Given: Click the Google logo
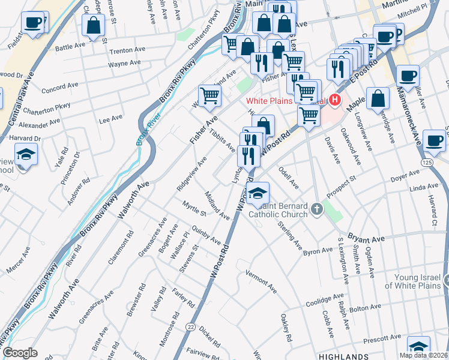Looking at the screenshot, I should tap(20, 353).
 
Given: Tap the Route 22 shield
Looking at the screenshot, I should tap(190, 326).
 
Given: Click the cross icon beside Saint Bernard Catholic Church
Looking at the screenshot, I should tap(318, 209).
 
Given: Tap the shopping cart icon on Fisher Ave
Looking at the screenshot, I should tap(209, 94).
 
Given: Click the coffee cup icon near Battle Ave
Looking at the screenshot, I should tap(32, 23).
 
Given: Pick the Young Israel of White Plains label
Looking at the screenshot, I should tap(417, 281).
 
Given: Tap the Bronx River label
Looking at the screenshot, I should tap(142, 128).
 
